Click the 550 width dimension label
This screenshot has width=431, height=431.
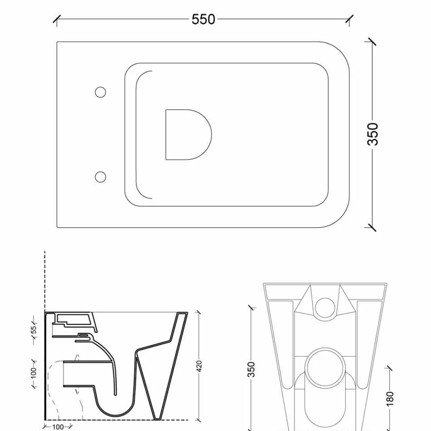coord(203,20)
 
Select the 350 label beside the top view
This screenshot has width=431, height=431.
coord(374,134)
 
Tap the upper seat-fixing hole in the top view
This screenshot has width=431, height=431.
coord(101,92)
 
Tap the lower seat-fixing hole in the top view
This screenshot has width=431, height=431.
coord(101,176)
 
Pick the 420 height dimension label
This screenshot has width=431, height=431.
coord(199,366)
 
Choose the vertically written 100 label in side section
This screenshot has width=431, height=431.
coord(34,373)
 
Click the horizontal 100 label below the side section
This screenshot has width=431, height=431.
coord(58,427)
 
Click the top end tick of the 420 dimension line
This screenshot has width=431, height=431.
coord(199,312)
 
